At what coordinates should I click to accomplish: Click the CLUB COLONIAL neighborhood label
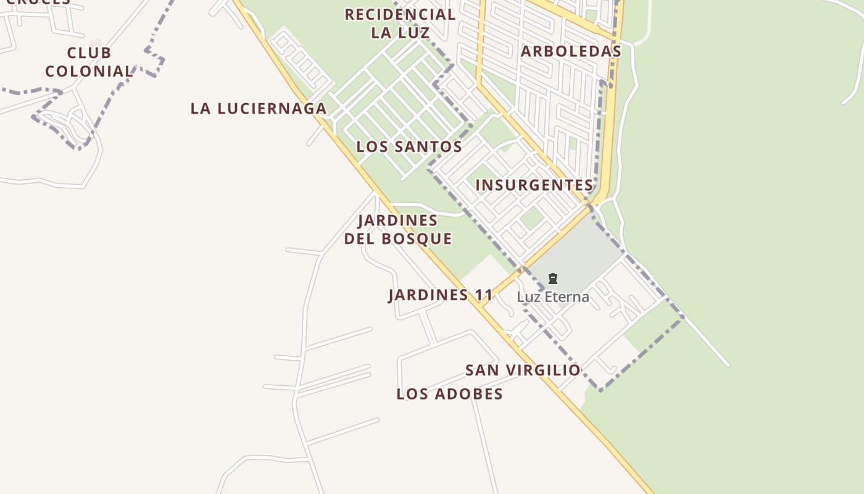click(x=89, y=62)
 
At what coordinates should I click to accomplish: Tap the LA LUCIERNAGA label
click(x=259, y=109)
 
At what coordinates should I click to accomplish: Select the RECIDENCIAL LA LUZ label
click(x=400, y=23)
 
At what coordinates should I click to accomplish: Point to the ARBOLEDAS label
click(x=571, y=51)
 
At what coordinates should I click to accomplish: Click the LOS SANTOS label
click(x=409, y=147)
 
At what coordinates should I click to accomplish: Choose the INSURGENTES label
click(x=534, y=185)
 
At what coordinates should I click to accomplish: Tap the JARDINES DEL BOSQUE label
click(x=398, y=230)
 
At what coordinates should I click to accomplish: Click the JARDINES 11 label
click(x=441, y=295)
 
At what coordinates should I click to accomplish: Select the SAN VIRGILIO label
click(x=523, y=371)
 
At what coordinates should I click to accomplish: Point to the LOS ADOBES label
click(x=449, y=394)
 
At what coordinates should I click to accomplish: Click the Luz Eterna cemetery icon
click(x=553, y=279)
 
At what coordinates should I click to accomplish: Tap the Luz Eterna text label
click(x=553, y=297)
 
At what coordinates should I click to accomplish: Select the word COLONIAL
click(x=89, y=72)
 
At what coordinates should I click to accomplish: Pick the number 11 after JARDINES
click(x=484, y=295)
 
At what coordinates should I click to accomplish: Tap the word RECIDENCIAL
click(x=400, y=14)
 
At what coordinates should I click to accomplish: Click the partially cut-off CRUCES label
click(x=38, y=2)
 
